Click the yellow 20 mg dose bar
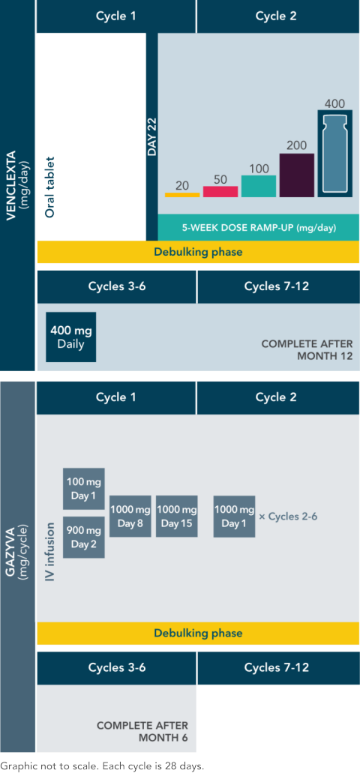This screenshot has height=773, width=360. [x=182, y=195]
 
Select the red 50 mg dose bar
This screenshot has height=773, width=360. [x=220, y=191]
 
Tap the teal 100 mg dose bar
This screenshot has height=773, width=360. [x=259, y=187]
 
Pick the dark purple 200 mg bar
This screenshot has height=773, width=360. [x=297, y=175]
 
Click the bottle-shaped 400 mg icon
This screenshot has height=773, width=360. [x=335, y=153]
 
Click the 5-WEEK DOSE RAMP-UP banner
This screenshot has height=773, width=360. [x=259, y=228]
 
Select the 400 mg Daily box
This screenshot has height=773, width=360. [x=71, y=337]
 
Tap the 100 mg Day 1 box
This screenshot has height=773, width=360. [x=84, y=488]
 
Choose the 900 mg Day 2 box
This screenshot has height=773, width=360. [x=84, y=538]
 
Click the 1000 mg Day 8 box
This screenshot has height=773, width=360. [x=130, y=516]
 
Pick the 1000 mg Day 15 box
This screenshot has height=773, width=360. [x=176, y=516]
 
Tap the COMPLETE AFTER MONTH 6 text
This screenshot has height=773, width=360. [x=142, y=732]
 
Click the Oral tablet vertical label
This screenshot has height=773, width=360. [x=49, y=187]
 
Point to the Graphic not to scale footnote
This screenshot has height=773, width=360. [x=102, y=766]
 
